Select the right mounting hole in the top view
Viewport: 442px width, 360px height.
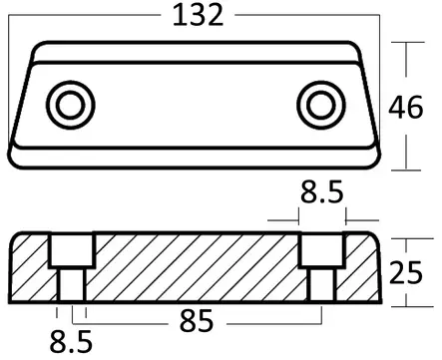[321, 102]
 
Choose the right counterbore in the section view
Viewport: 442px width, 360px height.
[321, 252]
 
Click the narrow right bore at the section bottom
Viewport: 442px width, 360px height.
[321, 286]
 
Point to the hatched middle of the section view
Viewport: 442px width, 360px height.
[196, 267]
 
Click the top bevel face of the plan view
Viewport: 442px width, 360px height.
[196, 51]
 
